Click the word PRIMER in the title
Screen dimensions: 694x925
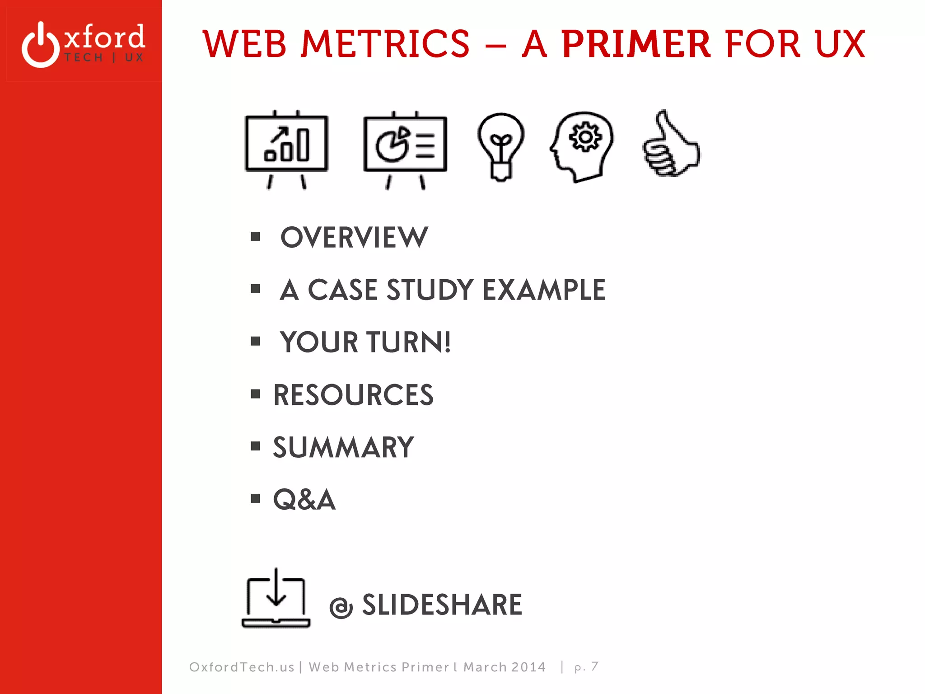[x=636, y=44]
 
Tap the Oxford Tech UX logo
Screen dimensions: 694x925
[x=83, y=44]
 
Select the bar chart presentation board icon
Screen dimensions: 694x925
[x=286, y=149]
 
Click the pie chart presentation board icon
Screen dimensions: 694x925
[x=405, y=149]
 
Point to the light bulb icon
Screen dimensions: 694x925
[x=500, y=146]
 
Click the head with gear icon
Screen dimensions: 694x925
[x=582, y=146]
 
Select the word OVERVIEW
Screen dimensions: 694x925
[x=354, y=237]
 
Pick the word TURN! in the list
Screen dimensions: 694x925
[x=408, y=342]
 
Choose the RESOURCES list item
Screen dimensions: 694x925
[x=353, y=395]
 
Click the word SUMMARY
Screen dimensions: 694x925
[x=343, y=447]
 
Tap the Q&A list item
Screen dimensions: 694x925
[x=304, y=500]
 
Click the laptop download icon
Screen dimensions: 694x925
[x=276, y=599]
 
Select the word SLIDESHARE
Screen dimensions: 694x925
[x=442, y=605]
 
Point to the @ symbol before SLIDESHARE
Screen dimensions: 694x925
[x=341, y=607]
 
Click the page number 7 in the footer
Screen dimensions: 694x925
[x=594, y=666]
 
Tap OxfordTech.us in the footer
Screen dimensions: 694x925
[x=242, y=667]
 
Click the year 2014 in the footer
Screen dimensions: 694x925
[x=528, y=667]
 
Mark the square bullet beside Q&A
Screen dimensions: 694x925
[x=256, y=498]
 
